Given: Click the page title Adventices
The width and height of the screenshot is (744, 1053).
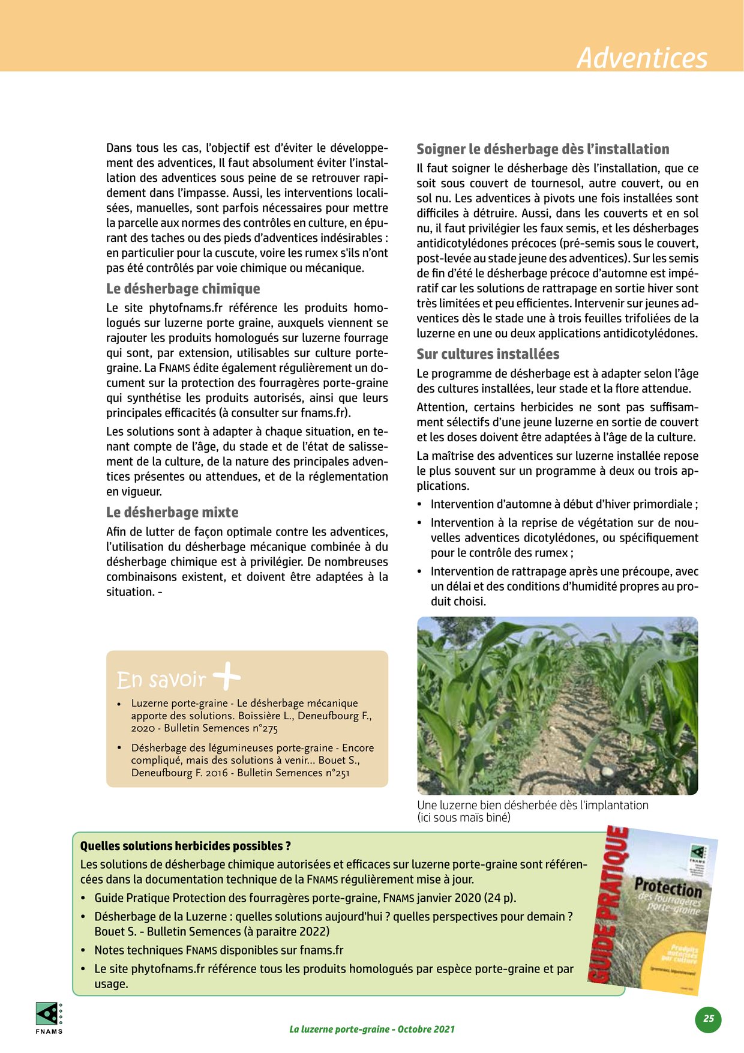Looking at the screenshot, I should tap(641, 58).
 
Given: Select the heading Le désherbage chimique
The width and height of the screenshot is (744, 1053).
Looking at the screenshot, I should tap(183, 289).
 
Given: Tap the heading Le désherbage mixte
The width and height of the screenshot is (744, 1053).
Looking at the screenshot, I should tap(172, 512).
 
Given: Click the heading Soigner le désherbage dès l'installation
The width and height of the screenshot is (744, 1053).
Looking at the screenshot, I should tap(542, 149).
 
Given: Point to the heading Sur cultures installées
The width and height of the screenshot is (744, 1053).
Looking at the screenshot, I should tap(488, 354).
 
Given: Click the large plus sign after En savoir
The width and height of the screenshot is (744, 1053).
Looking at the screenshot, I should tap(227, 677).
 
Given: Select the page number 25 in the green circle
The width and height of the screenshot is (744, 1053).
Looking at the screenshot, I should tap(709, 1018).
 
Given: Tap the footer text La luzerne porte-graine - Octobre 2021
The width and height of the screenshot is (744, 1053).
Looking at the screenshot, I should tap(371, 1029).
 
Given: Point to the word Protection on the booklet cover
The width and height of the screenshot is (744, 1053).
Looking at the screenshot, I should tap(668, 887).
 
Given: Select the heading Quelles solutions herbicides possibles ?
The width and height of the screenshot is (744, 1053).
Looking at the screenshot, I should tap(185, 846).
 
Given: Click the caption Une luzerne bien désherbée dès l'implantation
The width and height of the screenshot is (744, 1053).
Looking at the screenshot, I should tap(532, 805).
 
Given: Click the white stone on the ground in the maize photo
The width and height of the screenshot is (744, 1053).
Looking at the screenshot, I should tap(607, 771).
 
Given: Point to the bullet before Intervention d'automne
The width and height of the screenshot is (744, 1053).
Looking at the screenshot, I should tap(419, 505).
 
